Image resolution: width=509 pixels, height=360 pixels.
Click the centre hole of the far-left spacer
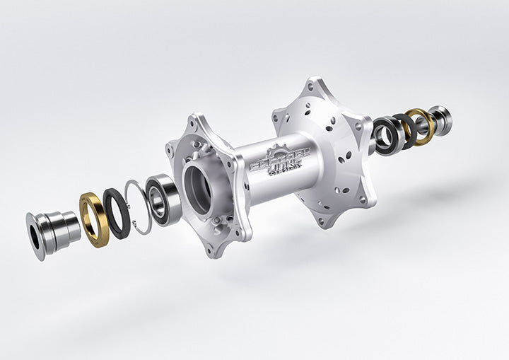point(35,235)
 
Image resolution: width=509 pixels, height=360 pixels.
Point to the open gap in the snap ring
point(132,226)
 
